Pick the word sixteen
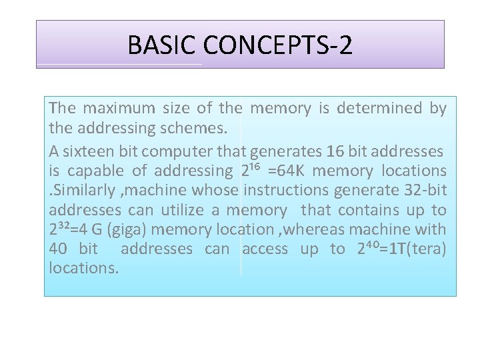click(x=86, y=152)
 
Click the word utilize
click(x=178, y=211)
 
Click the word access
click(x=265, y=249)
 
